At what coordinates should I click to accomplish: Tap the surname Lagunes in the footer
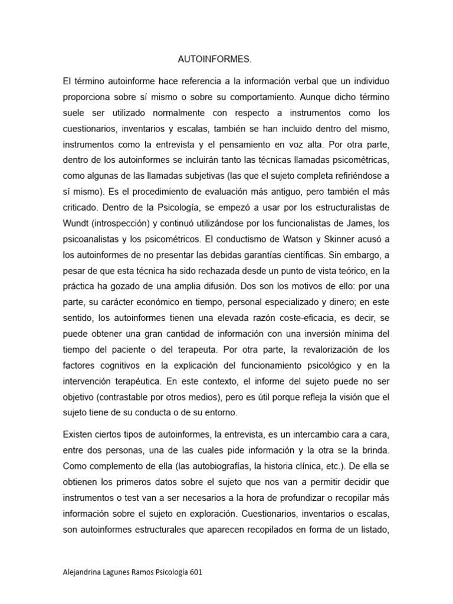(x=124, y=572)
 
